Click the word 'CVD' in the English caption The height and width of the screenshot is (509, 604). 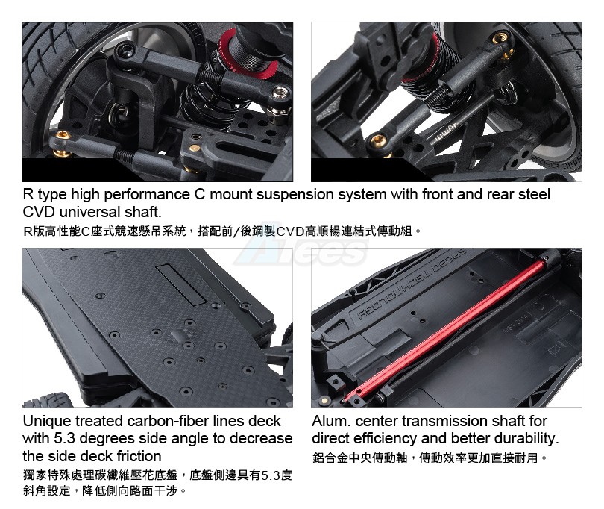[39, 212]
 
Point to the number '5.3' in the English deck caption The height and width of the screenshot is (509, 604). [64, 438]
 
